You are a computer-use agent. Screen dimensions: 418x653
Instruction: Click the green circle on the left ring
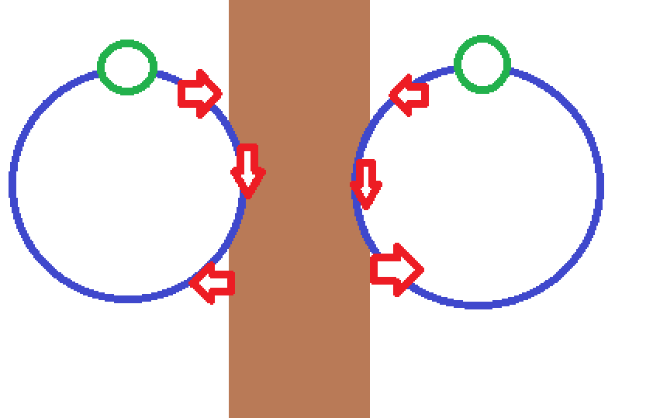point(127,67)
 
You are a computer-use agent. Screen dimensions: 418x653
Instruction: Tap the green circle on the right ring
point(482,64)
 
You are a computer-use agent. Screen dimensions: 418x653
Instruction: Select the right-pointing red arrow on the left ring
point(199,94)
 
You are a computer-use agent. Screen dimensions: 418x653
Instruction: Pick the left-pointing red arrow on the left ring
point(212,283)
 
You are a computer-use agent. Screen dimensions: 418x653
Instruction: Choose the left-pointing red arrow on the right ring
point(409,95)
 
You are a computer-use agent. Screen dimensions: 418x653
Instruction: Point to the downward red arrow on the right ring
point(366,184)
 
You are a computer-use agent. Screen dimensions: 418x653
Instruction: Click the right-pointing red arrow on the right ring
point(396,269)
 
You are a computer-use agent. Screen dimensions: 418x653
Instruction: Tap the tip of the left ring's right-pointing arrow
point(222,94)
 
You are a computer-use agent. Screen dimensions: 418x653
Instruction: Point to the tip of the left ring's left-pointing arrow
point(191,283)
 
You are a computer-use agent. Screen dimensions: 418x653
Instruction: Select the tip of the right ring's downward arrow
point(366,208)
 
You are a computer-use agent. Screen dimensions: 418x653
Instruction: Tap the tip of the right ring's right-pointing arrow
point(423,270)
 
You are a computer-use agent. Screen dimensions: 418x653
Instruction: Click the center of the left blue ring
point(128,184)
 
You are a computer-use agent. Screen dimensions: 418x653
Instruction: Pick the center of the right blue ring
point(478,185)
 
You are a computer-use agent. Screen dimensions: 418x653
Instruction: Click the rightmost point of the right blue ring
point(601,185)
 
